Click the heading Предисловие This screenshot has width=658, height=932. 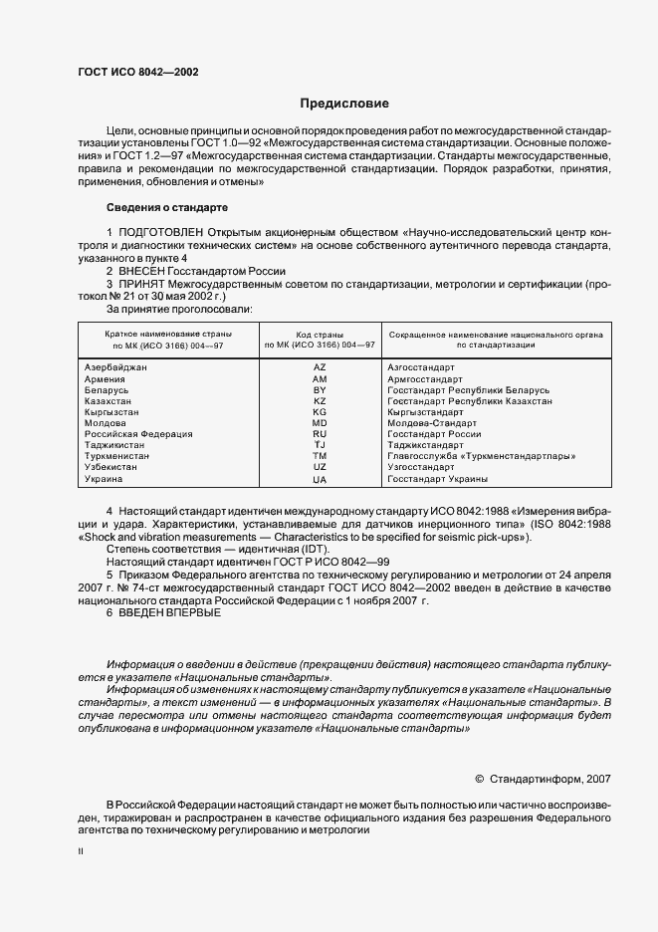pos(345,103)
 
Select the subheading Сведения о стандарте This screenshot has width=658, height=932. pos(167,208)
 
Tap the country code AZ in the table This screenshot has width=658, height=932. pos(320,367)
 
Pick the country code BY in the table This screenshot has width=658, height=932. pos(320,390)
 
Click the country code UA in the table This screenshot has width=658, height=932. pos(320,480)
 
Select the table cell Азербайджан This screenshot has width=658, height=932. pos(116,367)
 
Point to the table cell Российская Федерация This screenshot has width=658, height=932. pos(138,434)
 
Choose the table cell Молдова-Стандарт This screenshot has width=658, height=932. pos(431,423)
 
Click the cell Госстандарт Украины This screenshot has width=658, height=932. pos(437,479)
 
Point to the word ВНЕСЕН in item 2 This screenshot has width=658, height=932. pos(141,271)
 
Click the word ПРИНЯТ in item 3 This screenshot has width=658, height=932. pos(141,284)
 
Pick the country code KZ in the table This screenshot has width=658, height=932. pos(320,401)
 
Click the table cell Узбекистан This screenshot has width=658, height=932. pos(110,468)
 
